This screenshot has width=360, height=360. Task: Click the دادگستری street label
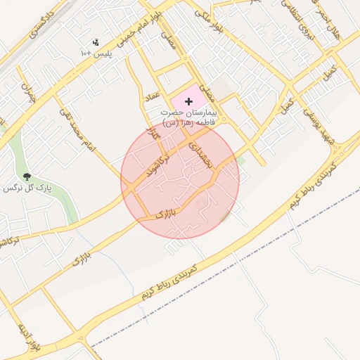pyautogui.click(x=43, y=25)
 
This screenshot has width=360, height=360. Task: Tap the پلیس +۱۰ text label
pyautogui.click(x=96, y=53)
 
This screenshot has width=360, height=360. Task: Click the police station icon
pyautogui.click(x=96, y=42)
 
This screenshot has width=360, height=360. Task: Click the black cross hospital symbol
pyautogui.click(x=188, y=102)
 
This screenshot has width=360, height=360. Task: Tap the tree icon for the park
pyautogui.click(x=27, y=176)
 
